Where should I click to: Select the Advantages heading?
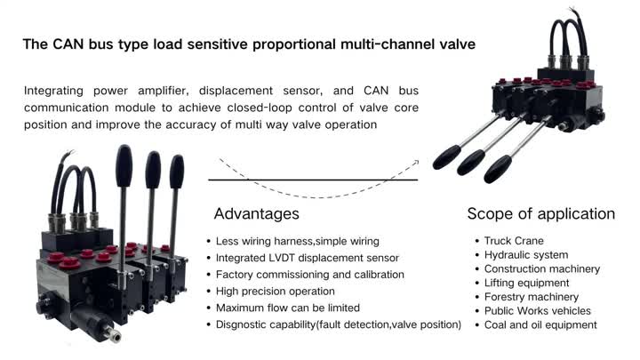click(257, 214)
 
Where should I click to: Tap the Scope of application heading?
click(540, 214)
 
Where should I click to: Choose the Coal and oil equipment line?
click(540, 324)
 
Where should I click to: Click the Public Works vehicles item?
click(537, 311)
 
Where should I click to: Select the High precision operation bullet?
click(276, 292)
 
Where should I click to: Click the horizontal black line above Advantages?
click(312, 180)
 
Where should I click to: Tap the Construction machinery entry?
click(542, 269)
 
